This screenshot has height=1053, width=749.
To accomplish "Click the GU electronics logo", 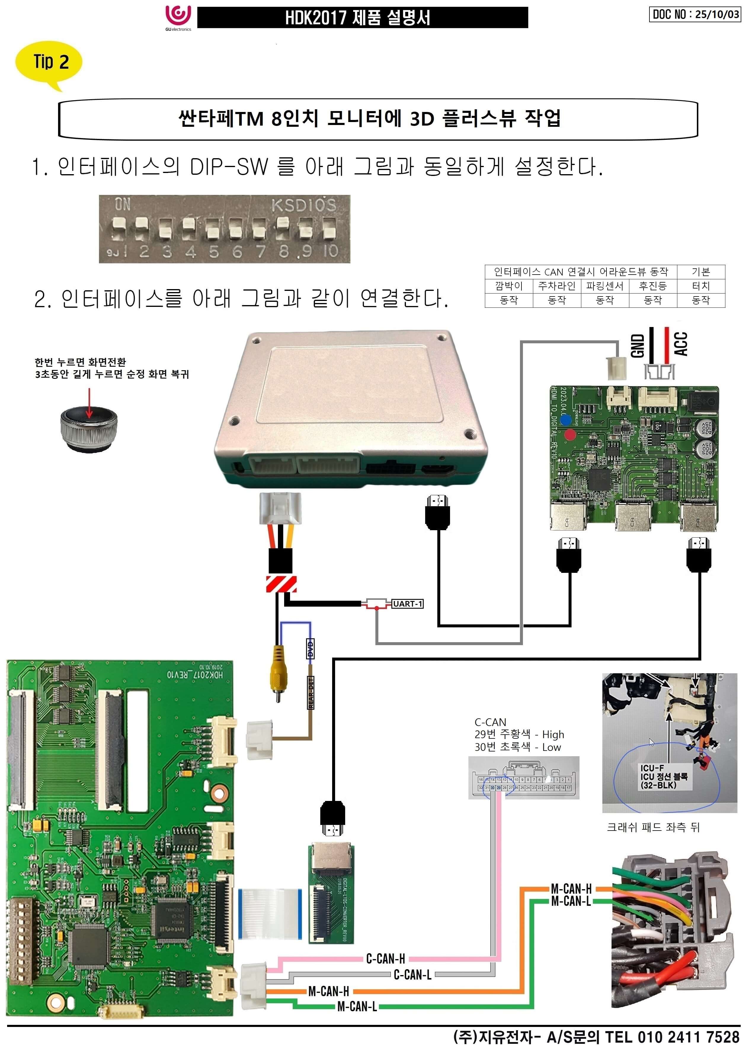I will click(178, 17).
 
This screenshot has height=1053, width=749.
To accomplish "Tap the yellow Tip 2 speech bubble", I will click(49, 62).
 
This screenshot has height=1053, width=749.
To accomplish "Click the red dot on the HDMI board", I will click(570, 434).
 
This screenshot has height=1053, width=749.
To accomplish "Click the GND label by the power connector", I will click(637, 346).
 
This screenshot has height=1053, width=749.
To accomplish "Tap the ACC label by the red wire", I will click(681, 344).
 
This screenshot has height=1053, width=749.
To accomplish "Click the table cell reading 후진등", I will click(653, 286).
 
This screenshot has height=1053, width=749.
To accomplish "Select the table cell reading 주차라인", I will click(557, 286).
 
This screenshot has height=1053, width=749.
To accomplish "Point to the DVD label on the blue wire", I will click(311, 648).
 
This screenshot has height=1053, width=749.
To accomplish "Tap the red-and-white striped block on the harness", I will click(281, 584).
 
